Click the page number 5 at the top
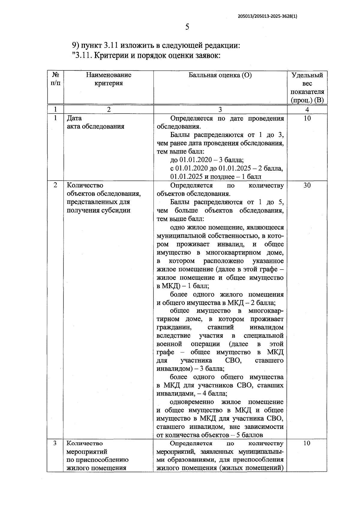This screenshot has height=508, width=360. pos(187,27)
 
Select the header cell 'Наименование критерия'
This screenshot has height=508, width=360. pos(109,79)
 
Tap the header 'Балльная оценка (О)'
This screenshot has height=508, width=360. pos(220,75)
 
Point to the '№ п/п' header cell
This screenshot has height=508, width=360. pos(55,79)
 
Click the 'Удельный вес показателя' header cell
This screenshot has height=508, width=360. pos(307,88)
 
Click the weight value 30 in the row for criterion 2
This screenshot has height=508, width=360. pos(307,185)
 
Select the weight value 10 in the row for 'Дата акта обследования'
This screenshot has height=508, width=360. pos(307,118)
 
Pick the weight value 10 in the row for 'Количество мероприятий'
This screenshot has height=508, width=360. pos(307,443)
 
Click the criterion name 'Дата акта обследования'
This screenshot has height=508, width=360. pos(95,122)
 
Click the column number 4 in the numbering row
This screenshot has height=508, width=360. pos(307,110)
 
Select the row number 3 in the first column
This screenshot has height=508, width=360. pos(55,443)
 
